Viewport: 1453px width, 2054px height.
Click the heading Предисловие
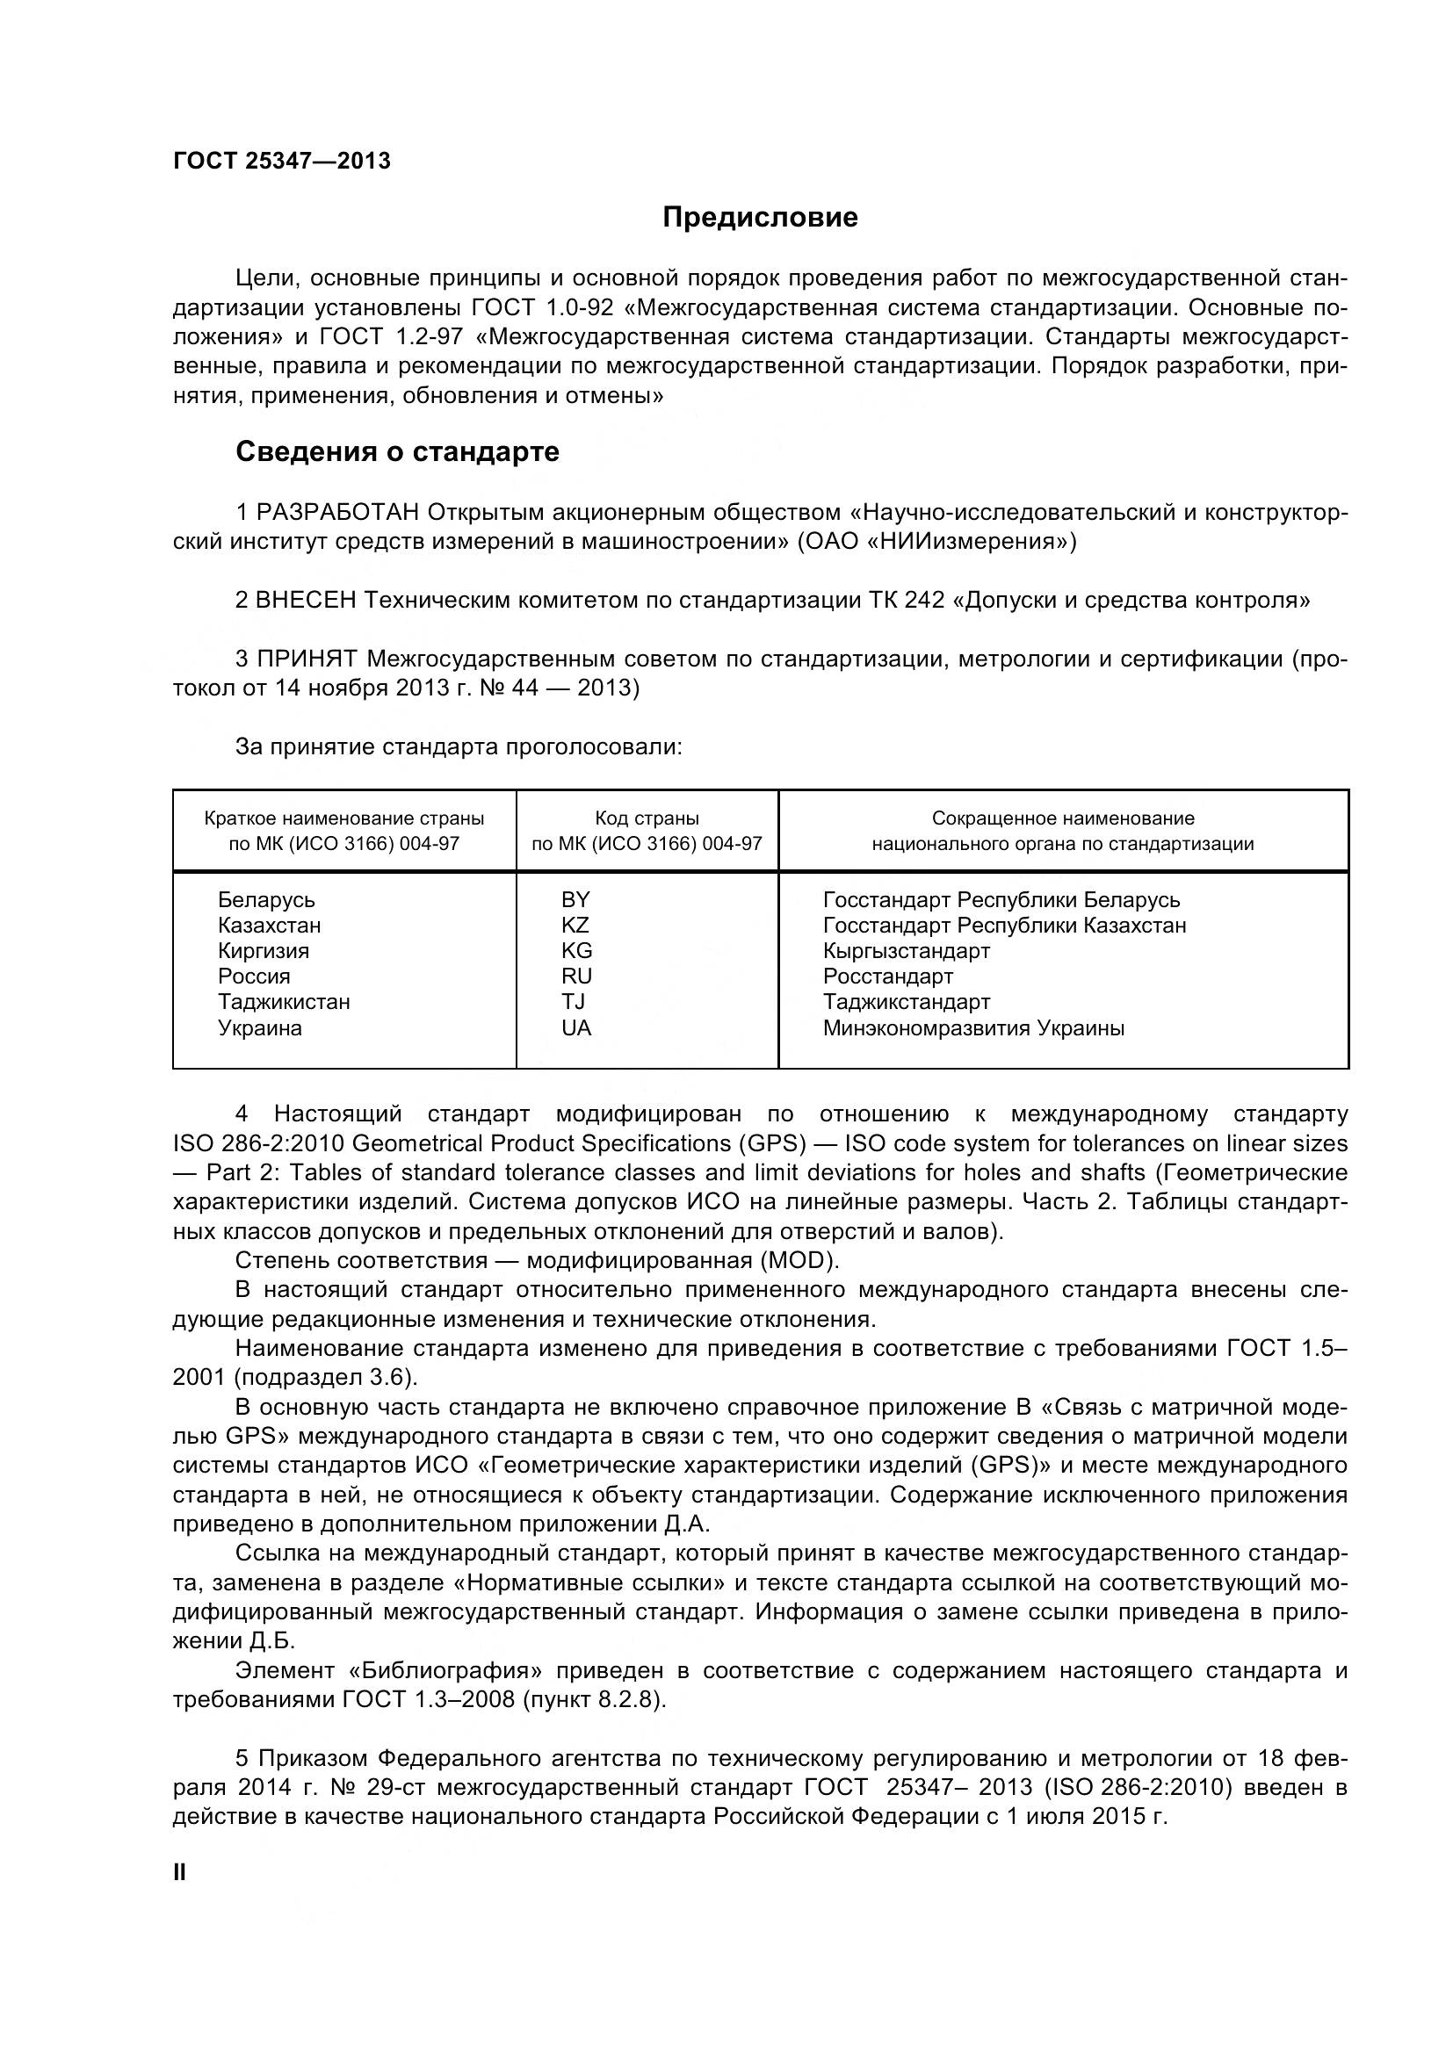tap(760, 218)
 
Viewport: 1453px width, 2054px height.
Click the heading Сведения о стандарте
tap(396, 451)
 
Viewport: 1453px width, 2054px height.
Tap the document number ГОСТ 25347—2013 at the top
tap(282, 161)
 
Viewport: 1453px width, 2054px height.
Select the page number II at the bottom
tap(179, 1872)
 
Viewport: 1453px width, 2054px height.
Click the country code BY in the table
tap(575, 899)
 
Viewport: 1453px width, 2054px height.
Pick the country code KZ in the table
tap(575, 925)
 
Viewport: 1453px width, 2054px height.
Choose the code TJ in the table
tap(573, 1001)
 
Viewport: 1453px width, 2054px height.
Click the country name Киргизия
tap(263, 950)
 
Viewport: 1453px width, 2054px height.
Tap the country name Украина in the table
tap(259, 1028)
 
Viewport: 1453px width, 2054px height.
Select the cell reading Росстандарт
tap(887, 976)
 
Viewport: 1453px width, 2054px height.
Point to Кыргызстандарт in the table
tap(906, 950)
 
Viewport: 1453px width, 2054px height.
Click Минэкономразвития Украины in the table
tap(972, 1028)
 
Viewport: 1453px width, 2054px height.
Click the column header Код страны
tap(647, 818)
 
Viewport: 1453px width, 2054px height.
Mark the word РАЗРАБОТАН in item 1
tap(337, 512)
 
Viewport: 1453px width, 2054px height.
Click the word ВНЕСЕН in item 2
tap(305, 600)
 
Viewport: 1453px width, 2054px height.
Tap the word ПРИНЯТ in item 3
tap(307, 659)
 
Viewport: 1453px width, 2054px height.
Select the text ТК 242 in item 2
tap(907, 600)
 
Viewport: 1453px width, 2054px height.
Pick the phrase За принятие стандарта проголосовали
tap(458, 746)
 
